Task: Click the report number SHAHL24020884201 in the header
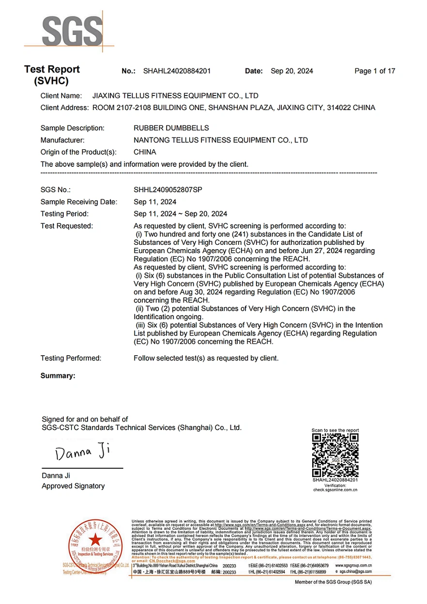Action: coord(177,71)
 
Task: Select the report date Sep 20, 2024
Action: coord(291,71)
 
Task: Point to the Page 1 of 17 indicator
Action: coord(375,71)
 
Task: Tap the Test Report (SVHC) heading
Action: coord(52,75)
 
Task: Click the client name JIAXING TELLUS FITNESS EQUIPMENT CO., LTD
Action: coord(175,96)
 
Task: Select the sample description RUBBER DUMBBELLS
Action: coord(171,128)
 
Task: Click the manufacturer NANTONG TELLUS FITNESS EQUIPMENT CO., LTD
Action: coord(221,141)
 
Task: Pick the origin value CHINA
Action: coord(145,152)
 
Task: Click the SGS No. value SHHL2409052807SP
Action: coord(168,190)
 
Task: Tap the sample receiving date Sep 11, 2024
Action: coord(155,202)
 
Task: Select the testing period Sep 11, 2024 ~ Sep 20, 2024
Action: coord(181,214)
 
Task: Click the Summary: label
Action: coord(58,376)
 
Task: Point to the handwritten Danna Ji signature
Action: coord(83,452)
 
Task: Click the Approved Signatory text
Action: coord(73,486)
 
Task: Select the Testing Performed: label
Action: coord(71,358)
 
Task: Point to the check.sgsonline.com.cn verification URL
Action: coord(335,490)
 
